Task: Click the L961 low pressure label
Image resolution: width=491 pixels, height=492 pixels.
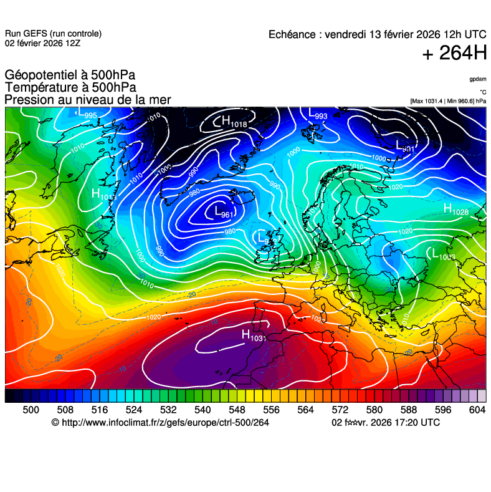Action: click(223, 213)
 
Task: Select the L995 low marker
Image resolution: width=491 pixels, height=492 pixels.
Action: click(87, 113)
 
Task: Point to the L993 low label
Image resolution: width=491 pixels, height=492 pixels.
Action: click(318, 114)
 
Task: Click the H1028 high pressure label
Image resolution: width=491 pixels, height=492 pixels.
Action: click(455, 210)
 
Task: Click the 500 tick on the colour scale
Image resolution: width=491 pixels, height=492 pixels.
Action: click(31, 409)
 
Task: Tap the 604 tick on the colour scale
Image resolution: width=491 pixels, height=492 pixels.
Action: click(477, 409)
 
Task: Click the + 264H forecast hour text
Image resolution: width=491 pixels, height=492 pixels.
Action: click(454, 54)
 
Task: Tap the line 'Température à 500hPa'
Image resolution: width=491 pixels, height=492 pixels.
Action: click(70, 88)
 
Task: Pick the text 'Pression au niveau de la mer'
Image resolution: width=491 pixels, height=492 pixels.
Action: click(87, 100)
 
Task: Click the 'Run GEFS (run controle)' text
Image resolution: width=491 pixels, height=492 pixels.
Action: click(53, 34)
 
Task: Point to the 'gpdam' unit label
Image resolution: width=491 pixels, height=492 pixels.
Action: click(478, 79)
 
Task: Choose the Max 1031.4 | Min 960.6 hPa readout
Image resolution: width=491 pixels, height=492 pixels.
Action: click(448, 100)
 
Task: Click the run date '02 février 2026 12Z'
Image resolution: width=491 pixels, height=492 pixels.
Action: click(42, 43)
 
